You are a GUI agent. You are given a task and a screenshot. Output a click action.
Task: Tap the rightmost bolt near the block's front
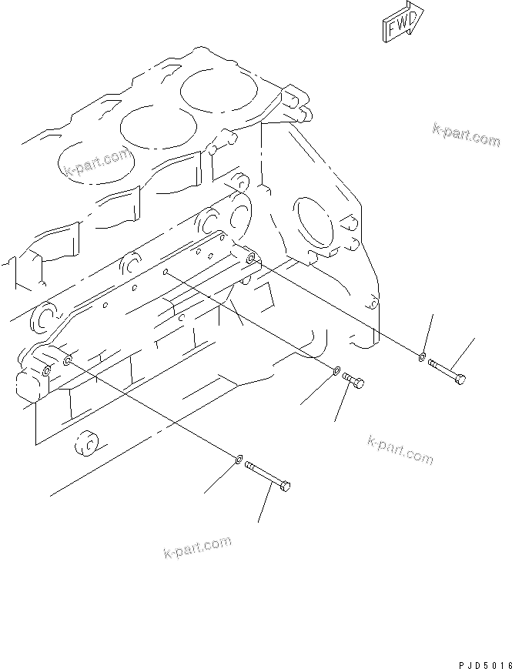coord(447,369)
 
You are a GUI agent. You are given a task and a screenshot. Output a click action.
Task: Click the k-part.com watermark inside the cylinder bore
coord(96,164)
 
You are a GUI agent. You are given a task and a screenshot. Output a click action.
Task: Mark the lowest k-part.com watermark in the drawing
coord(197,547)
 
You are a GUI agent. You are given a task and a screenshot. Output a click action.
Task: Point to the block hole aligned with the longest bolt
coord(69,360)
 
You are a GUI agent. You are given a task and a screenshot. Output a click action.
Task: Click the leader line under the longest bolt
coord(266,507)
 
